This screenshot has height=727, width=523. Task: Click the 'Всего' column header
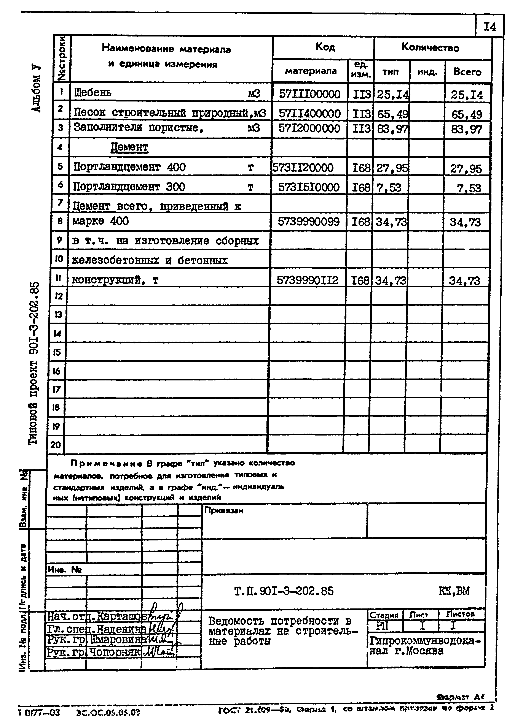[x=467, y=72]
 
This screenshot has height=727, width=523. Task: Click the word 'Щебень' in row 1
[x=93, y=93]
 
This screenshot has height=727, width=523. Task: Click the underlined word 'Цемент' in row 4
[x=129, y=147]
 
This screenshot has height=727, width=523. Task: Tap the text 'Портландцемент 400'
[x=129, y=167]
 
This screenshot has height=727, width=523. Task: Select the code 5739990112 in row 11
[x=307, y=280]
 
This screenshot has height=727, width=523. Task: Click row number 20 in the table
[x=56, y=445]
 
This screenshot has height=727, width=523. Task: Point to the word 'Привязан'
[x=224, y=511]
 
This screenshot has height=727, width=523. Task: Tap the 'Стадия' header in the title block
[x=384, y=615]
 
